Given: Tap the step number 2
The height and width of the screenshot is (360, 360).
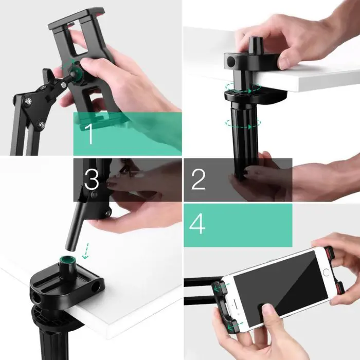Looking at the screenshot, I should (198, 178).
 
